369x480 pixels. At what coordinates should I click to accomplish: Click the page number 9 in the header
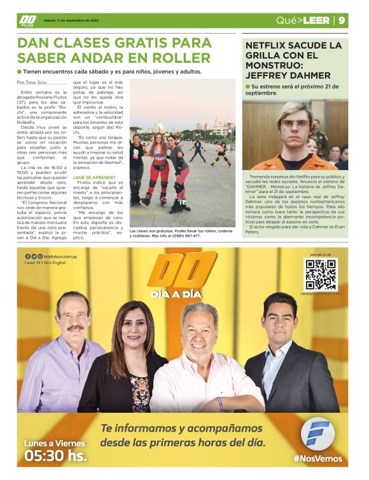pyautogui.click(x=342, y=20)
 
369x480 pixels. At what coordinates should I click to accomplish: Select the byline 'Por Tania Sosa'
pyautogui.click(x=32, y=83)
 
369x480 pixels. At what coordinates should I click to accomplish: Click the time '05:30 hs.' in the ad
pyautogui.click(x=55, y=455)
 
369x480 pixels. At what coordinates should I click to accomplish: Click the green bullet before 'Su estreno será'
pyautogui.click(x=246, y=86)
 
